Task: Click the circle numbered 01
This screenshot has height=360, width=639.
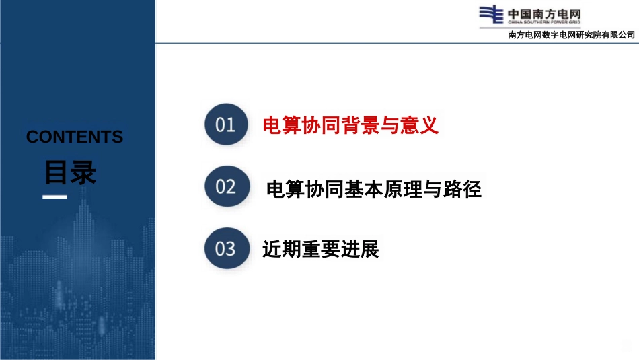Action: click(226, 124)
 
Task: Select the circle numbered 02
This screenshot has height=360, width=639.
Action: click(227, 186)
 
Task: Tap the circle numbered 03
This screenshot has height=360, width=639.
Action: click(227, 248)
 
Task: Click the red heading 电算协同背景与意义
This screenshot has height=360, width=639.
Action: click(350, 124)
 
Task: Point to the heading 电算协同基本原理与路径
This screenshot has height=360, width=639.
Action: click(374, 189)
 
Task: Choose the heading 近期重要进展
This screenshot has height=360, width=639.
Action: click(321, 249)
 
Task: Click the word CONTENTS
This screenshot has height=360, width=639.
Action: click(75, 137)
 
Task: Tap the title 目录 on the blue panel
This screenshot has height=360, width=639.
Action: click(70, 172)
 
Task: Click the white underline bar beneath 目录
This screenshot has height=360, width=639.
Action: click(55, 197)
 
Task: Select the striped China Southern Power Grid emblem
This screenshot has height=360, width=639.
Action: click(491, 14)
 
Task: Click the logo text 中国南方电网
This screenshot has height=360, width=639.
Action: click(544, 14)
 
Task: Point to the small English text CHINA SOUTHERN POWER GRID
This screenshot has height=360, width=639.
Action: click(544, 22)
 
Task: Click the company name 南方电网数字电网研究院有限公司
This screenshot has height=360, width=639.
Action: click(571, 35)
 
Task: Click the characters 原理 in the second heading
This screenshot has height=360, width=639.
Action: click(403, 189)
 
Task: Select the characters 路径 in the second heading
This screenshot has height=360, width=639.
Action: click(462, 189)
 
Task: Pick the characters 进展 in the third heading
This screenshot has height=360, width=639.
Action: click(360, 249)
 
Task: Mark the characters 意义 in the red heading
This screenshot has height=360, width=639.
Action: click(419, 124)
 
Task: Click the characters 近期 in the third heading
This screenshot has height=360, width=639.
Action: click(282, 249)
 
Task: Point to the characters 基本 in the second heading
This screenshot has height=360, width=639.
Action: click(364, 189)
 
